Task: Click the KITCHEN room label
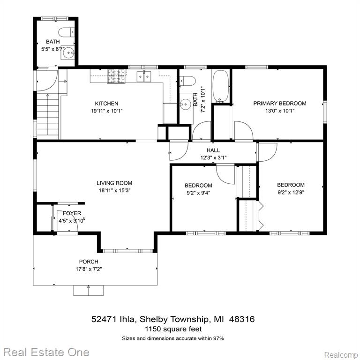point(106,103)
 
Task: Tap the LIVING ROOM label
point(114,183)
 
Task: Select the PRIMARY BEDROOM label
point(280,103)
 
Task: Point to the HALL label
point(213,150)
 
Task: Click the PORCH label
point(89,262)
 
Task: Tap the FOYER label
point(72,213)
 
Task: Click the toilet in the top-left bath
point(67,32)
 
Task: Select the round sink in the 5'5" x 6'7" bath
point(68,53)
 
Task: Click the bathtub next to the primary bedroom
point(221,86)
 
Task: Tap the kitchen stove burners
point(117,76)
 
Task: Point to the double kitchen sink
point(144,76)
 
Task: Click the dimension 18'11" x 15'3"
point(114,190)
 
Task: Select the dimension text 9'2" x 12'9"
point(291,192)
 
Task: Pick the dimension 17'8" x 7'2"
point(89,269)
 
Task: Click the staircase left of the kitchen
point(48,115)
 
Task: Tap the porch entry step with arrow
point(89,291)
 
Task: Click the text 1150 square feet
point(173,329)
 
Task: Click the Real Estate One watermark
point(46,352)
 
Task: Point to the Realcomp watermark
point(341,355)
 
